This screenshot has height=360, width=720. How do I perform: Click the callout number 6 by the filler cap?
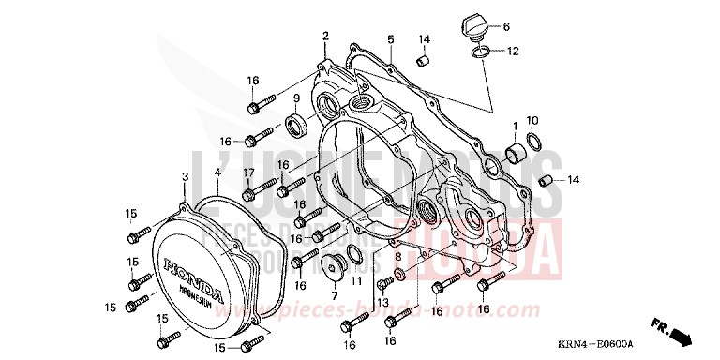[506, 26]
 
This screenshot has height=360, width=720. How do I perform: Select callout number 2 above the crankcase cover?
[325, 36]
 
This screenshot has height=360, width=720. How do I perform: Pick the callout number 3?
[186, 176]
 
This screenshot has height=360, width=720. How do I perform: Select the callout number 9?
[296, 97]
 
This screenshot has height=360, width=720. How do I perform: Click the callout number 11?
[356, 280]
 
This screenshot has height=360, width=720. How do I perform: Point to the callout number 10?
[532, 121]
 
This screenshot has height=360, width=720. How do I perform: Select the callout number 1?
[514, 125]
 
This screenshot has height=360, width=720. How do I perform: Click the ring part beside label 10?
[533, 142]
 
